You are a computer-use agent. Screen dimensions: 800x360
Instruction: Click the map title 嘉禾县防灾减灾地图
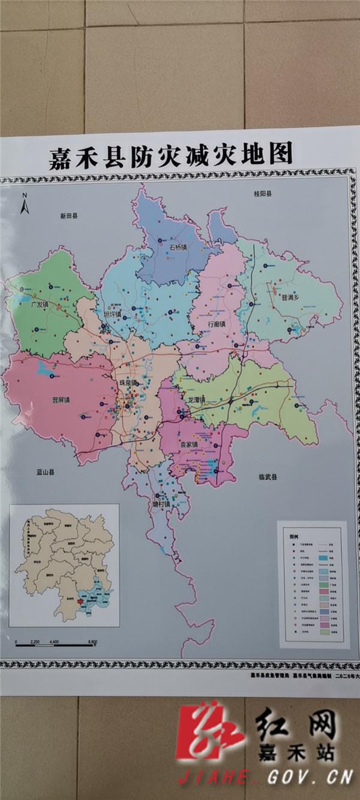(172, 155)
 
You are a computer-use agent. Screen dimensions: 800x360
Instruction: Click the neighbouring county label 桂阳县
(262, 194)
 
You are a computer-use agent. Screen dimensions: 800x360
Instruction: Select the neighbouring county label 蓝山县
(44, 472)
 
